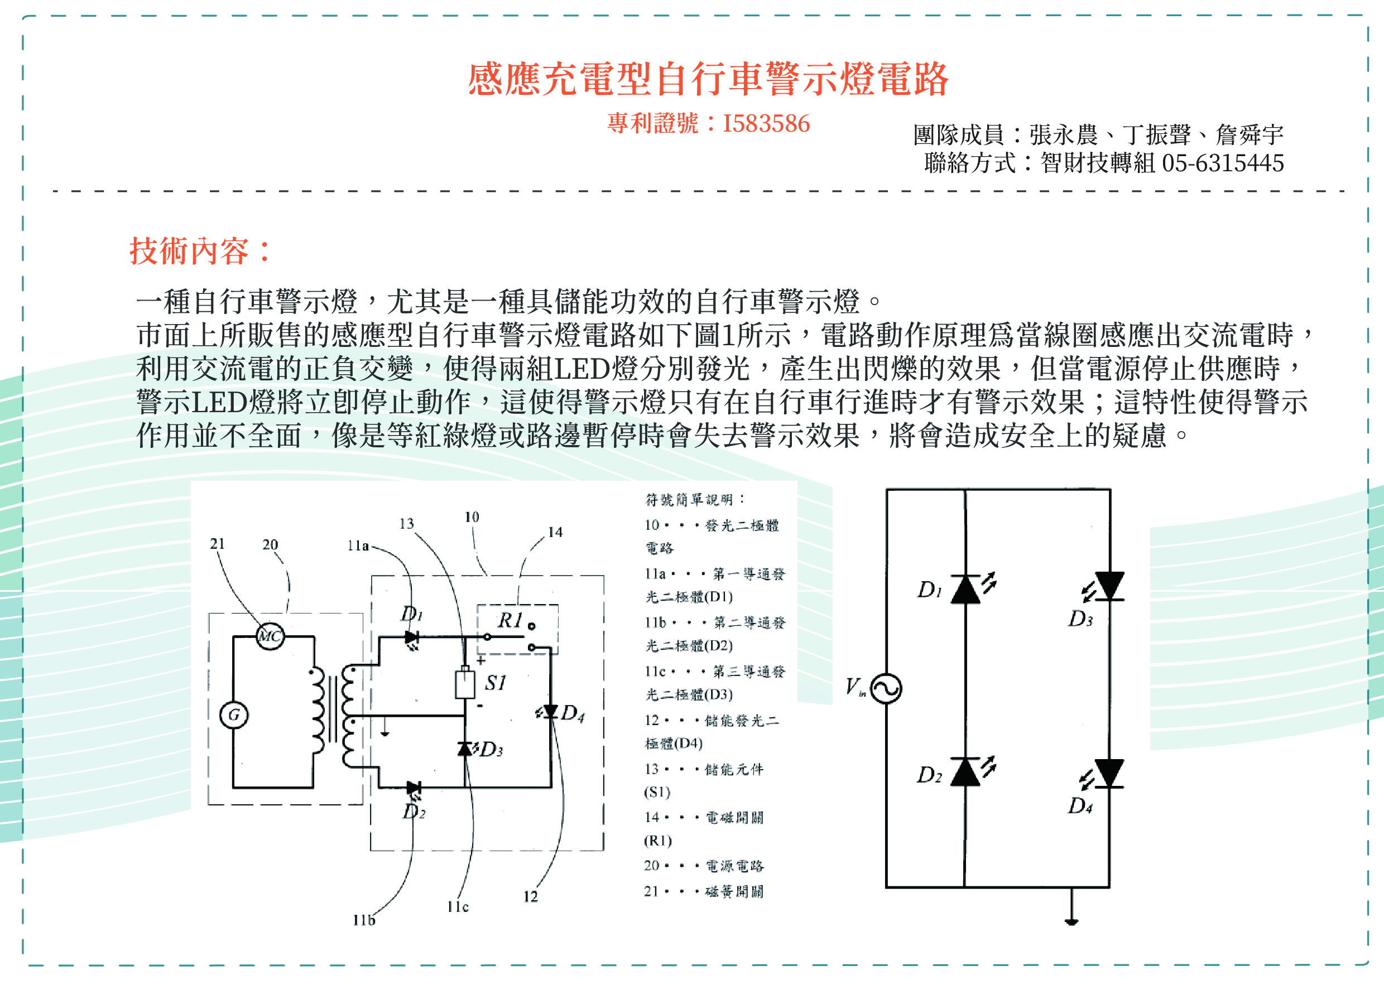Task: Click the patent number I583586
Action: (x=766, y=124)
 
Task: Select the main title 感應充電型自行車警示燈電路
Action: (x=708, y=79)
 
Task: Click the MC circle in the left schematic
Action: (x=270, y=636)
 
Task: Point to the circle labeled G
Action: (x=234, y=714)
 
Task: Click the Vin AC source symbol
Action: (x=886, y=688)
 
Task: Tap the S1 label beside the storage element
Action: (x=495, y=683)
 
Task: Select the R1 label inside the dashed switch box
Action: (x=510, y=620)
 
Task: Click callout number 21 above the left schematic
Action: (x=217, y=543)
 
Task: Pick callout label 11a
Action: (x=358, y=546)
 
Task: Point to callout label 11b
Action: (x=364, y=920)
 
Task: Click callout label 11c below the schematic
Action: (x=458, y=907)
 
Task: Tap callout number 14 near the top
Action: (x=555, y=532)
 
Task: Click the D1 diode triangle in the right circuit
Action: (x=965, y=589)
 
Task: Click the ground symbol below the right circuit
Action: (x=1071, y=921)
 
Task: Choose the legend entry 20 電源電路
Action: (x=704, y=866)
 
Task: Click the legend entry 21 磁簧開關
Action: (x=704, y=891)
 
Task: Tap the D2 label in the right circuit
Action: (x=929, y=775)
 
